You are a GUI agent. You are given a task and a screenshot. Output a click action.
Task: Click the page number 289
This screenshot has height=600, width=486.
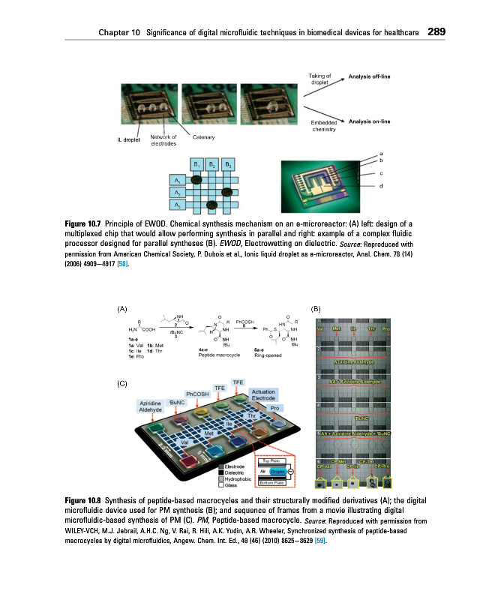tap(438, 32)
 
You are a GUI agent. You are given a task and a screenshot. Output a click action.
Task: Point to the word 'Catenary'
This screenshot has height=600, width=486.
tap(204, 136)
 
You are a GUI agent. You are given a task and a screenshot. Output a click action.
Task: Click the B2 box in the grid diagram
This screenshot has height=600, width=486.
tap(213, 165)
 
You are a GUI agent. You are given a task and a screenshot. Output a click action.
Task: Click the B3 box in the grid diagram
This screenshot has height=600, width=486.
tap(229, 165)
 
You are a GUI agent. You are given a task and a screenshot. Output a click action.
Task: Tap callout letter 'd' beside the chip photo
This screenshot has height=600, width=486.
tap(381, 187)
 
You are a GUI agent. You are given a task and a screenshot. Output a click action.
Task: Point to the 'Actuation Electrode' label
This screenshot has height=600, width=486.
tap(263, 394)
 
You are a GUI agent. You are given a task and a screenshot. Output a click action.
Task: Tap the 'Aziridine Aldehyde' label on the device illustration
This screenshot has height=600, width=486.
tap(150, 406)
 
